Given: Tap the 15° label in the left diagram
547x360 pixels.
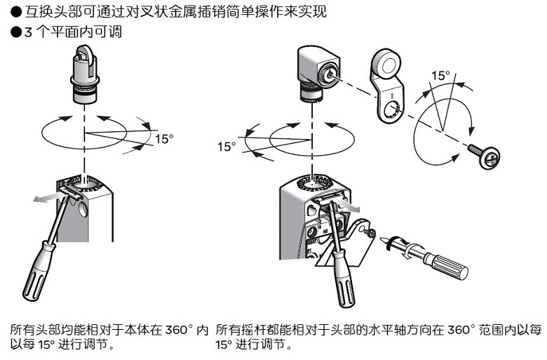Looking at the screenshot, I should [163, 139].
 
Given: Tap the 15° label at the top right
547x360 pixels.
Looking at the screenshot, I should [440, 75].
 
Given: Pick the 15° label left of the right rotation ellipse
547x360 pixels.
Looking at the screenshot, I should [227, 147].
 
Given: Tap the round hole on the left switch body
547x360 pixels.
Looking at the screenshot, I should [85, 209].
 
